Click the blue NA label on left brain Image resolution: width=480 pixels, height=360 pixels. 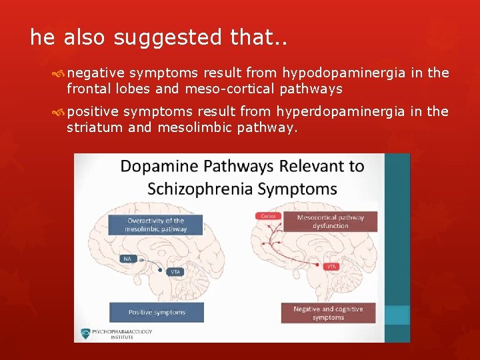tap(127, 258)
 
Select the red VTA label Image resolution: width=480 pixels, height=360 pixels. tap(331, 266)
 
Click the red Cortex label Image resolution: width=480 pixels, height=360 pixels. tap(268, 216)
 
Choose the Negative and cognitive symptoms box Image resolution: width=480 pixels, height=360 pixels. tap(329, 313)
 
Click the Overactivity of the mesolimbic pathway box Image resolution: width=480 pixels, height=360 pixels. tap(155, 225)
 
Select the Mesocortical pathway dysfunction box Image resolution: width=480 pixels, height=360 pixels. tap(331, 221)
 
